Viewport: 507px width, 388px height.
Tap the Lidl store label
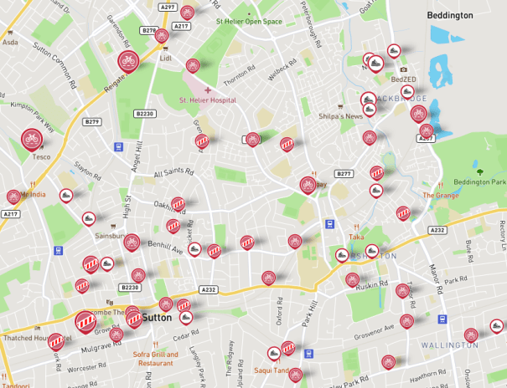[x=165, y=59]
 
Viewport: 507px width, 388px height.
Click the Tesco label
[x=41, y=156]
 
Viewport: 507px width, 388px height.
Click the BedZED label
[x=403, y=79]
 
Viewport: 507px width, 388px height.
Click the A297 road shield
[x=168, y=8]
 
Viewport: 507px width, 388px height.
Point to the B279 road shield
[x=91, y=122]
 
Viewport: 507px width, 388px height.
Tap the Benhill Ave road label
[x=167, y=249]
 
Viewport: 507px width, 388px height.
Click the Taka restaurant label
[x=356, y=237]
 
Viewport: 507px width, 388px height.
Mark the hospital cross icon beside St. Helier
[x=208, y=89]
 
